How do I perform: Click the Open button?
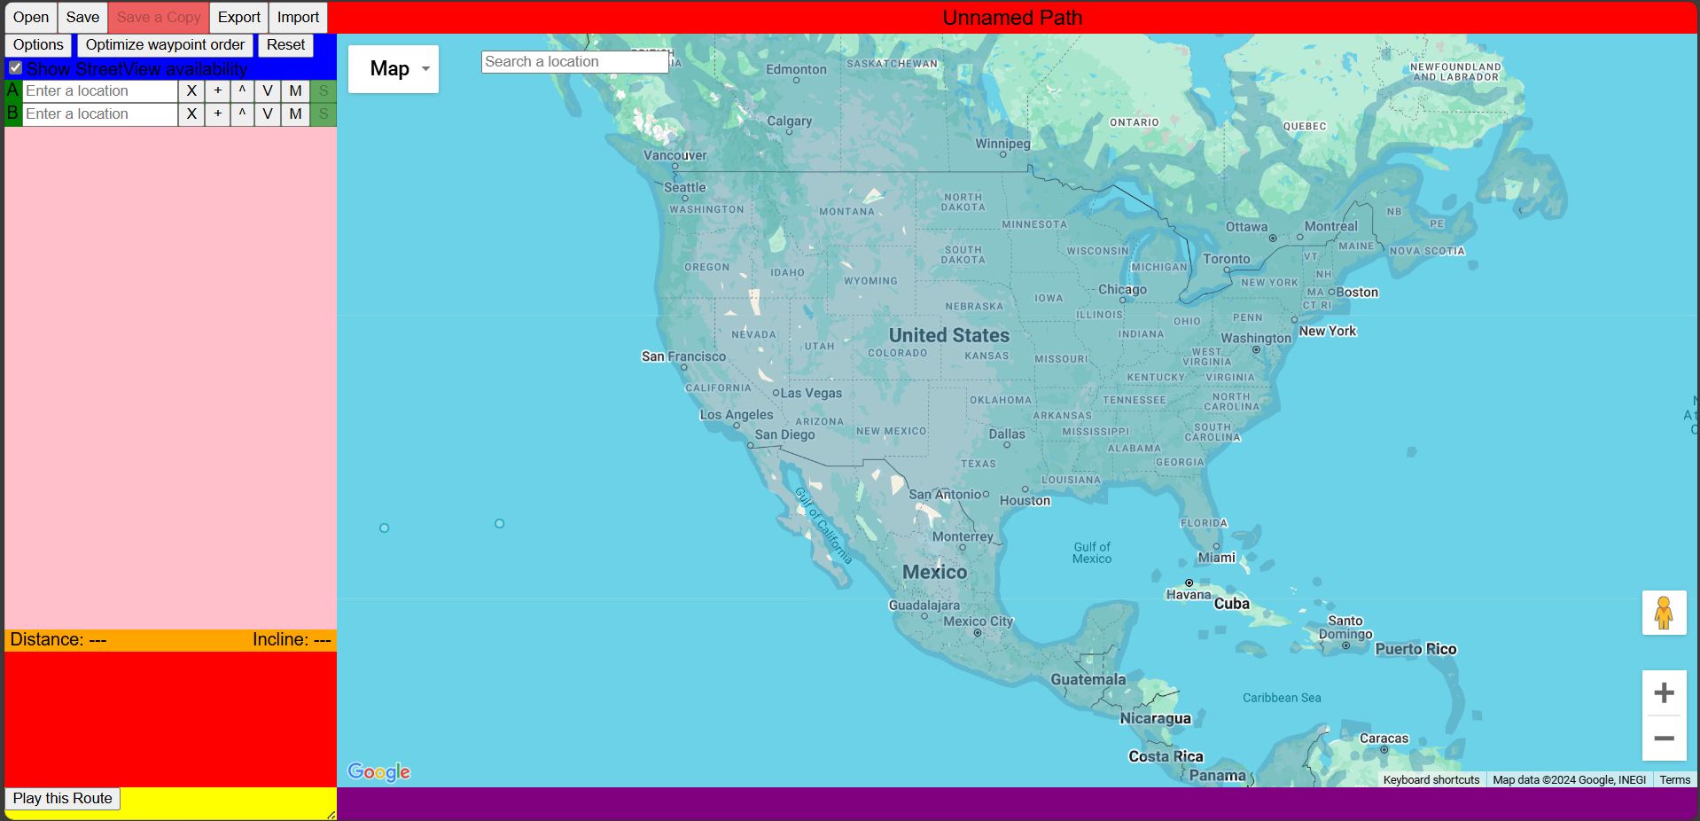pyautogui.click(x=31, y=17)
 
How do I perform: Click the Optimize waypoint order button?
pyautogui.click(x=165, y=44)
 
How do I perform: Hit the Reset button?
pyautogui.click(x=285, y=44)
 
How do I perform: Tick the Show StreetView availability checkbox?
pyautogui.click(x=15, y=68)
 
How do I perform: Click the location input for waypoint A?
pyautogui.click(x=99, y=90)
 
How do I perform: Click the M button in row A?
pyautogui.click(x=295, y=90)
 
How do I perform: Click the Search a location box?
pyautogui.click(x=573, y=61)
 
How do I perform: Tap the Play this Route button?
pyautogui.click(x=63, y=798)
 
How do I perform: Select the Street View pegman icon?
pyautogui.click(x=1664, y=613)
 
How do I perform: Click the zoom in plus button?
pyautogui.click(x=1664, y=692)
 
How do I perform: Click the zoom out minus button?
pyautogui.click(x=1664, y=738)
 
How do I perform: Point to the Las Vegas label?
pyautogui.click(x=811, y=393)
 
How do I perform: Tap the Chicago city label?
pyautogui.click(x=1122, y=289)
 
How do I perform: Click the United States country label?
pyautogui.click(x=949, y=335)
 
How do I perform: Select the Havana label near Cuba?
pyautogui.click(x=1188, y=594)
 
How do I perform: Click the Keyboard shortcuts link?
pyautogui.click(x=1431, y=779)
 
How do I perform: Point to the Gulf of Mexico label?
pyautogui.click(x=1092, y=552)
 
